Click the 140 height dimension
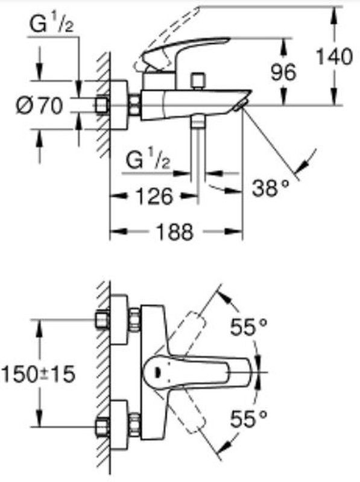(334, 56)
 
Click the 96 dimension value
(283, 72)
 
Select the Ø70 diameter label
(39, 105)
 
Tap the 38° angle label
(271, 188)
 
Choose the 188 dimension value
(175, 231)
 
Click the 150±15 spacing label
(38, 374)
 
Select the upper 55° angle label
(248, 327)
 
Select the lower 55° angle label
(248, 419)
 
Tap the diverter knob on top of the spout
(198, 81)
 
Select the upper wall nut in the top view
(103, 320)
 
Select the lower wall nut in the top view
(103, 426)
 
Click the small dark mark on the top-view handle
(158, 372)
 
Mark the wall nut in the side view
(101, 105)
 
